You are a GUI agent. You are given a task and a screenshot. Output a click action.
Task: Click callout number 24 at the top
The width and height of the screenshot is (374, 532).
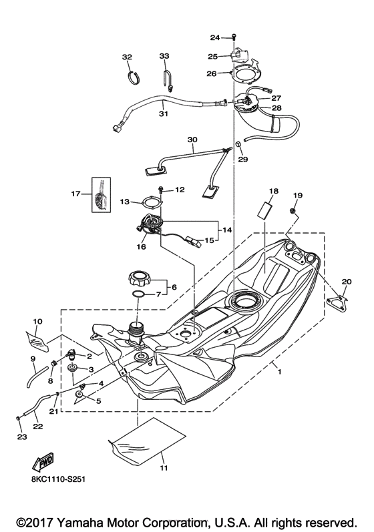click(215, 37)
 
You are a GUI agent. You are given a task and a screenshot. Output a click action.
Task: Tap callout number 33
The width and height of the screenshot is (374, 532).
click(165, 57)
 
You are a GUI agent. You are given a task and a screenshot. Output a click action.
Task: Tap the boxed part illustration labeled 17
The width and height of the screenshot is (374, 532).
click(101, 194)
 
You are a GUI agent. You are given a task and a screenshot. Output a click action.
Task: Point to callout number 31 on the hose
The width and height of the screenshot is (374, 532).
click(163, 113)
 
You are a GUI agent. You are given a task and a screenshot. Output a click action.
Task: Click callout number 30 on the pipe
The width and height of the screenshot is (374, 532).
click(192, 140)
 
